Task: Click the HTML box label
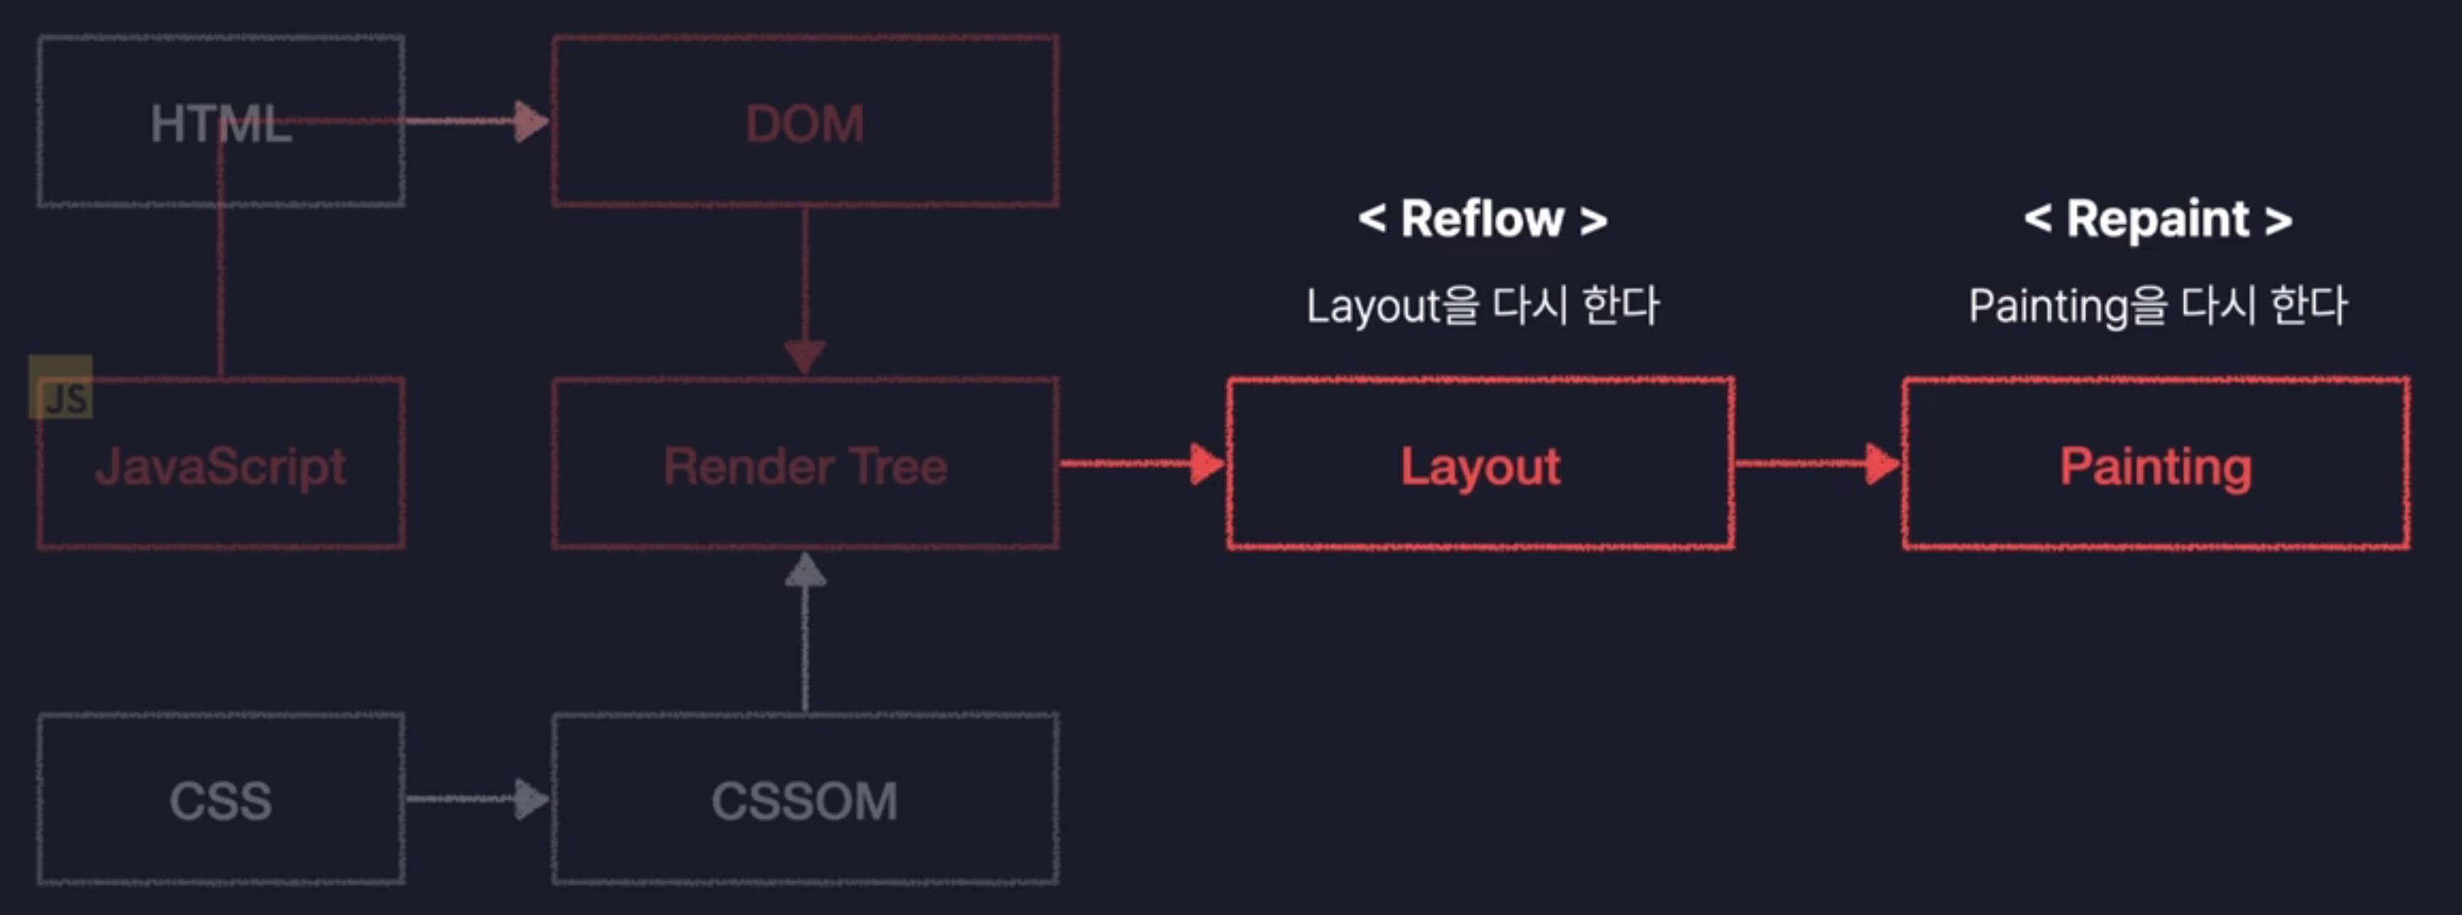[x=221, y=124]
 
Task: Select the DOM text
[x=805, y=124]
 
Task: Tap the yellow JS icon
[x=61, y=388]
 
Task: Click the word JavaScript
[x=221, y=467]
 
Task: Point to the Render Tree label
[x=805, y=467]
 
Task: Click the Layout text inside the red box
[x=1480, y=467]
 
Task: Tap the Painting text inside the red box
[x=2155, y=467]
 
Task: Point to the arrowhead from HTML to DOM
[x=531, y=121]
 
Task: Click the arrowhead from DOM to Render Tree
[x=805, y=357]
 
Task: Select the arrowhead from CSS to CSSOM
[x=531, y=799]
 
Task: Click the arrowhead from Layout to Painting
[x=1882, y=464]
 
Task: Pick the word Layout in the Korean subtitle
[x=1373, y=307]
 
